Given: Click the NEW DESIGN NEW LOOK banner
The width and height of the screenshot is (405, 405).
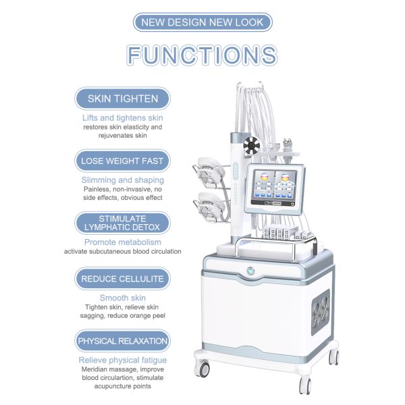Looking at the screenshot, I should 202,22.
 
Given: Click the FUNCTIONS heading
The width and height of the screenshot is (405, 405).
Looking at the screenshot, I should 202,55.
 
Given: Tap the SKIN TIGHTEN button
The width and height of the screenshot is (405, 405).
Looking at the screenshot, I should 123,99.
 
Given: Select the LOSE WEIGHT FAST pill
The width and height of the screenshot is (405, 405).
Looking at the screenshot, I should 123,161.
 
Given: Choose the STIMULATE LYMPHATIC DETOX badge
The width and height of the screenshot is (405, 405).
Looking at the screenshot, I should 123,223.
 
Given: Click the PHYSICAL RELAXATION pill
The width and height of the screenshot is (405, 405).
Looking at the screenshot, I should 123,341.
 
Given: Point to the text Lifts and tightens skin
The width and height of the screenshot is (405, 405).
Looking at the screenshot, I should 123,117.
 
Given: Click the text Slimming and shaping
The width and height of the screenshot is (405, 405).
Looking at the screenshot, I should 123,180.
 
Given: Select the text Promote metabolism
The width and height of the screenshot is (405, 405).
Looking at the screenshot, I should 123,242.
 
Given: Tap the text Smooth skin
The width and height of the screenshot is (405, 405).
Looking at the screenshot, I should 123,298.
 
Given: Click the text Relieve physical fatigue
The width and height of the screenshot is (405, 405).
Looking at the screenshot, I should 123,360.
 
